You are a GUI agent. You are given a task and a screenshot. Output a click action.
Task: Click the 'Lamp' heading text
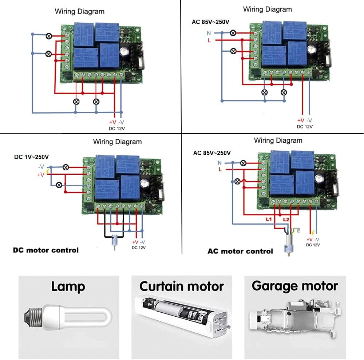pyautogui.click(x=68, y=286)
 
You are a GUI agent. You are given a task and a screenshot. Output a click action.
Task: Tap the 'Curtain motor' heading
pyautogui.click(x=181, y=286)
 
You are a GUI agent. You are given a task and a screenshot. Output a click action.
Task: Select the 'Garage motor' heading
pyautogui.click(x=295, y=286)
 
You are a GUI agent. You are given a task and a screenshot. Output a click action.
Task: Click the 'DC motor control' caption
pyautogui.click(x=45, y=250)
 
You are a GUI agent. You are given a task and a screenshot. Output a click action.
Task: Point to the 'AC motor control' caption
pyautogui.click(x=240, y=251)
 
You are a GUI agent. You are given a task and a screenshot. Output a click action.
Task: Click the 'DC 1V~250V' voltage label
pyautogui.click(x=31, y=157)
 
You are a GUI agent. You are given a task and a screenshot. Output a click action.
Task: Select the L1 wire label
pyautogui.click(x=269, y=220)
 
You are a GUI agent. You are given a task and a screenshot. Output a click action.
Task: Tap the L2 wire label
pyautogui.click(x=286, y=220)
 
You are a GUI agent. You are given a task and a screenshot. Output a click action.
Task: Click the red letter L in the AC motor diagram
pyautogui.click(x=220, y=170)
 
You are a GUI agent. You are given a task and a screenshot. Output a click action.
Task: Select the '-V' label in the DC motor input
pyautogui.click(x=42, y=167)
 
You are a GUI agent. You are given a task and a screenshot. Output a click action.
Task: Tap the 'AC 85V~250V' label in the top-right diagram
pyautogui.click(x=210, y=22)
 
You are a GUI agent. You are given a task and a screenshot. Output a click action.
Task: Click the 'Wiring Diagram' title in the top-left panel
pyautogui.click(x=79, y=12)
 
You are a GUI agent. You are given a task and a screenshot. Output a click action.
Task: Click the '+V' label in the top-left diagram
pyautogui.click(x=112, y=122)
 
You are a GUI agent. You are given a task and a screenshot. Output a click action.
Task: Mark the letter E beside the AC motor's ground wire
pyautogui.click(x=299, y=230)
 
